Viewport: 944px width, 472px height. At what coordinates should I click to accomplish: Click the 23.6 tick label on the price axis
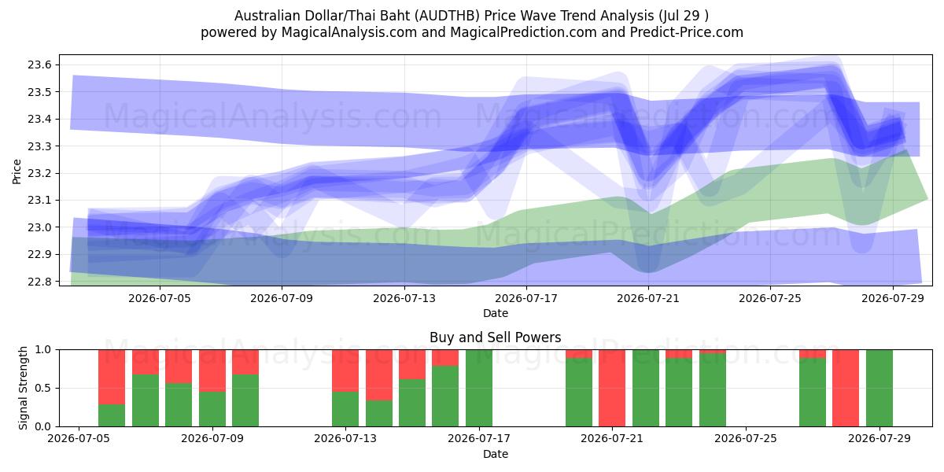click(39, 65)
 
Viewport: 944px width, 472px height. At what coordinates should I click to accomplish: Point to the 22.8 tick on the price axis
click(39, 282)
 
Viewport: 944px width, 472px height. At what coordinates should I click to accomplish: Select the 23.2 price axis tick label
click(39, 173)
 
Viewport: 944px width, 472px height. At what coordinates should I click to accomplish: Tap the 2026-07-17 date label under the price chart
click(526, 298)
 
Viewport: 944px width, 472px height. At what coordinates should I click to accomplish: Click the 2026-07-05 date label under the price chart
click(160, 298)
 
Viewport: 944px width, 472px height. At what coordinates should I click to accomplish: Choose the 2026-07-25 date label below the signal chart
click(746, 438)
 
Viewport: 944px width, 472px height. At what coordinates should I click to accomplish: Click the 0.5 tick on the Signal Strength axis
click(42, 388)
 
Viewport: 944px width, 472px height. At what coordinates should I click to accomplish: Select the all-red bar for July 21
click(612, 388)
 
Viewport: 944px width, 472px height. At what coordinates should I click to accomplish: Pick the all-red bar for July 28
click(846, 388)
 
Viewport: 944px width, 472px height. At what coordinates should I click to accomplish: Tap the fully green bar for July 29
click(879, 388)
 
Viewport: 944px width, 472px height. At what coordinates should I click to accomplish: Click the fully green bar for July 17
click(479, 388)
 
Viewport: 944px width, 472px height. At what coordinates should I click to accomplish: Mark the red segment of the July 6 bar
click(112, 377)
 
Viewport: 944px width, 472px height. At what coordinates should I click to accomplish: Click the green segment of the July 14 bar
click(379, 414)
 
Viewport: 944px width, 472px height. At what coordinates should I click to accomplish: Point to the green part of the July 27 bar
click(813, 393)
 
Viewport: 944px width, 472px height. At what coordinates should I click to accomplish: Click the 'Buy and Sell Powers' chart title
click(495, 337)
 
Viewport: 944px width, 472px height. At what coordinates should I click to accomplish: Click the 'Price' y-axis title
click(17, 171)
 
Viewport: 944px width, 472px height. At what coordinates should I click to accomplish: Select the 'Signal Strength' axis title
click(23, 388)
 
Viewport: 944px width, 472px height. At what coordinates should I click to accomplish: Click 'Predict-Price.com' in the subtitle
click(687, 32)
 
